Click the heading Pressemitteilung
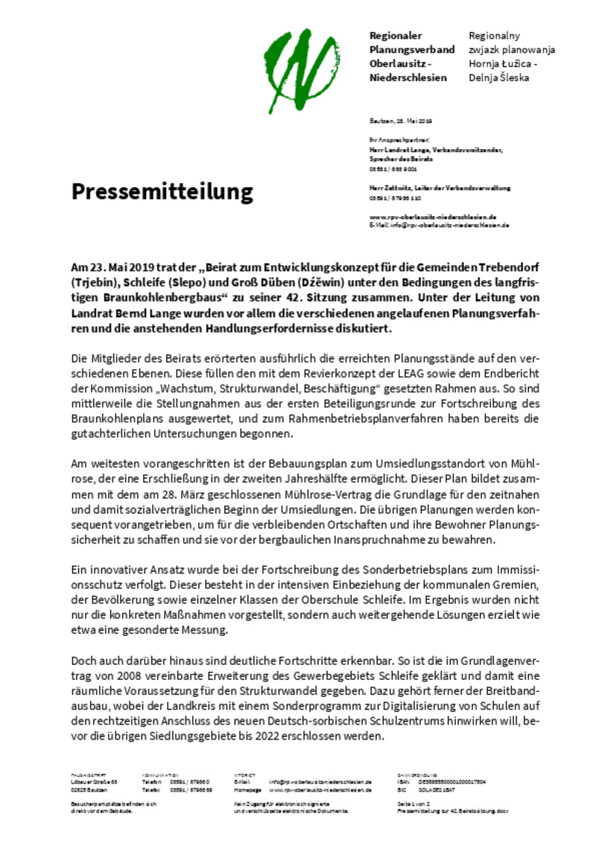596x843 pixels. pos(162,191)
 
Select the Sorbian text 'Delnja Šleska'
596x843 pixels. pos(499,77)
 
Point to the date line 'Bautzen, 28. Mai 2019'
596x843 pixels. pos(401,121)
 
